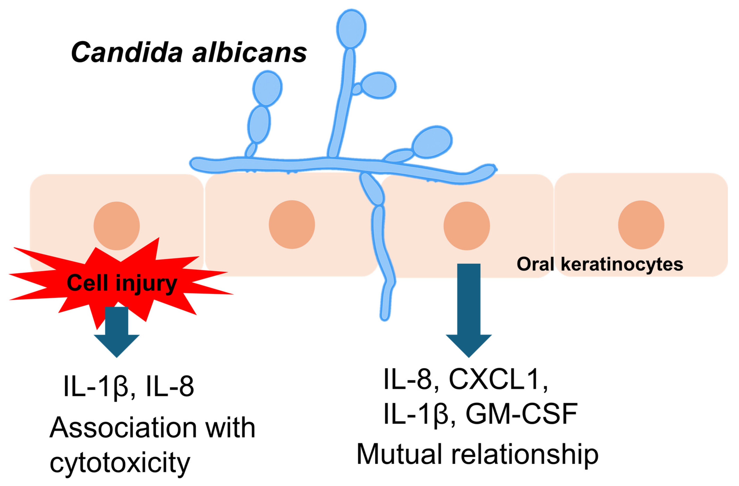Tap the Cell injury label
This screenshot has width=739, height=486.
[122, 283]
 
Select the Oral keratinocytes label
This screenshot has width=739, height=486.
[600, 264]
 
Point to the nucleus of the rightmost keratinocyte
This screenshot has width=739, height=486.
[641, 225]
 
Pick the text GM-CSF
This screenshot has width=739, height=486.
[522, 414]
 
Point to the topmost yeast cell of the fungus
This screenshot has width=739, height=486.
[351, 29]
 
